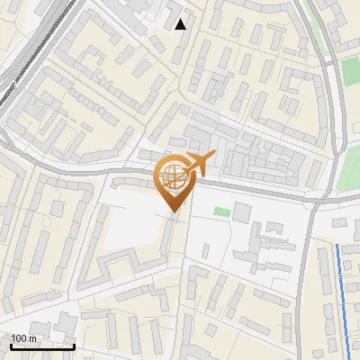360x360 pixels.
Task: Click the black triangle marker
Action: [x=181, y=24]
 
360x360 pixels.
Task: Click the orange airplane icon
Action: [x=200, y=164]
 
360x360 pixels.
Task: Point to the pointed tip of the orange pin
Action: [x=174, y=211]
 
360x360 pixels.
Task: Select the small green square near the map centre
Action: [x=221, y=212]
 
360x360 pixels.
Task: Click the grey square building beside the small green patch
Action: [x=242, y=212]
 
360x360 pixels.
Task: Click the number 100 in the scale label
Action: [x=19, y=339]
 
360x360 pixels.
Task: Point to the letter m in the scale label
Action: [x=32, y=339]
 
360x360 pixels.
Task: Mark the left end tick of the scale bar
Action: [x=11, y=346]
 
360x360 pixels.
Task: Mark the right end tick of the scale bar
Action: [x=74, y=346]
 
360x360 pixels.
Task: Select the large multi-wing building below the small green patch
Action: [x=265, y=247]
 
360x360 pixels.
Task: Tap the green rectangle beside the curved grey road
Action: [x=350, y=72]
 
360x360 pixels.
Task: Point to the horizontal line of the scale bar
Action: [x=42, y=346]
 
